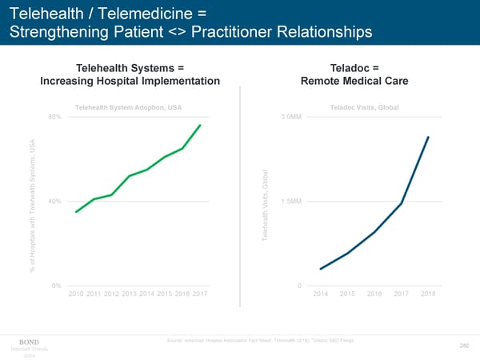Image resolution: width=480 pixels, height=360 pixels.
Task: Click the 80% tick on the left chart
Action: click(x=54, y=117)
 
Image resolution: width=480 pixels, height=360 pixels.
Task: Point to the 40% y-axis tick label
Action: click(x=54, y=201)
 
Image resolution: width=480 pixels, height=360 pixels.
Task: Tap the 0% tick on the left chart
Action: click(x=56, y=286)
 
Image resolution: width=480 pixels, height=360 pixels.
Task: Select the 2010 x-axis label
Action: click(x=77, y=295)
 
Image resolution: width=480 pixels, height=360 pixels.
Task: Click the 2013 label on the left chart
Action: click(x=130, y=295)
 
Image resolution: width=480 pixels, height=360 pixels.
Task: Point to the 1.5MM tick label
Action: click(x=291, y=201)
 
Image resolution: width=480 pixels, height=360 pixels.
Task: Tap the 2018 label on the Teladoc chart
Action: click(x=428, y=295)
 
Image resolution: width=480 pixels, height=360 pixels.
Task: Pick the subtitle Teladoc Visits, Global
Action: click(x=364, y=107)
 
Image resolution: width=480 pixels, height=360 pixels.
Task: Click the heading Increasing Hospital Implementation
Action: click(x=130, y=81)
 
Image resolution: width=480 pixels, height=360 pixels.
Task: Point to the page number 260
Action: click(x=463, y=346)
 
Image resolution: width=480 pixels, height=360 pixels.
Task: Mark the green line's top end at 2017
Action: click(x=200, y=126)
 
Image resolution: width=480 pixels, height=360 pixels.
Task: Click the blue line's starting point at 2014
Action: click(x=320, y=269)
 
